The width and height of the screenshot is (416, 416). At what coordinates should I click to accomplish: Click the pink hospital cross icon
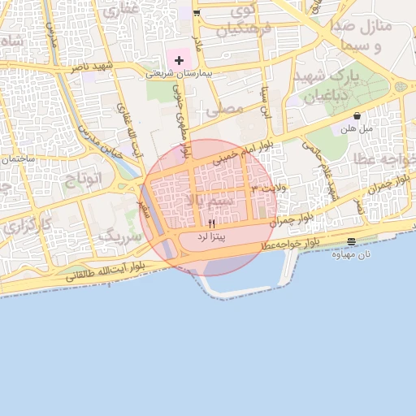tap(179, 60)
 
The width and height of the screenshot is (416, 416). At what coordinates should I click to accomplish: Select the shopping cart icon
tap(197, 13)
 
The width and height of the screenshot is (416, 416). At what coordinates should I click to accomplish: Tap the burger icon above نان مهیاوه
tap(351, 241)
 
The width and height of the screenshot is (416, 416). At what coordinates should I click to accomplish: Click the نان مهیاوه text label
tap(351, 253)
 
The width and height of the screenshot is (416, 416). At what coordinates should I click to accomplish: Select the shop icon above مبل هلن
tap(357, 115)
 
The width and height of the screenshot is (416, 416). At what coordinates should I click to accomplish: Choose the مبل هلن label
tap(357, 128)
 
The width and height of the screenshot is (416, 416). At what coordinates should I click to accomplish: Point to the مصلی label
tap(225, 106)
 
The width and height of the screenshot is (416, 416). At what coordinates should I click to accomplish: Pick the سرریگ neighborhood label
tap(119, 236)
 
